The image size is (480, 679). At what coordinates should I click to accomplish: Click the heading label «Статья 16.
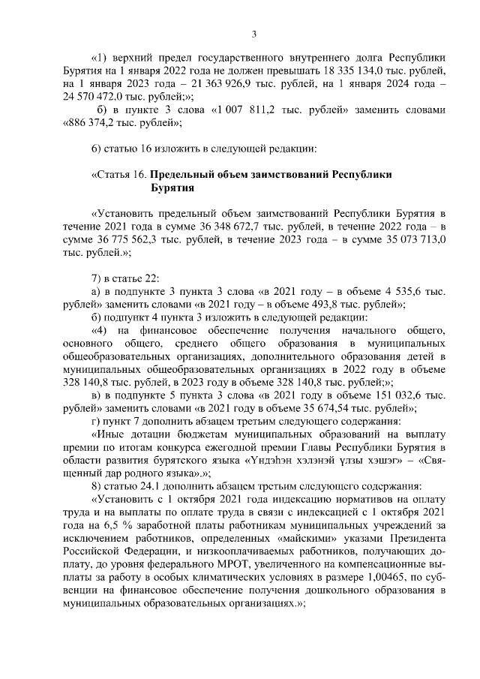pos(117,176)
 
